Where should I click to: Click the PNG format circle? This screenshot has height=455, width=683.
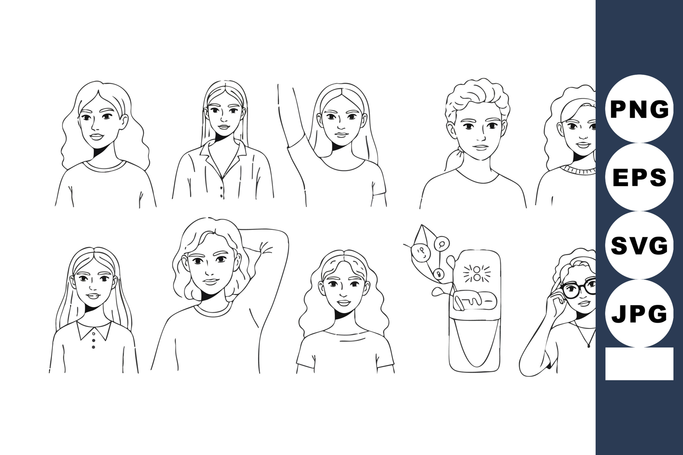[x=639, y=109]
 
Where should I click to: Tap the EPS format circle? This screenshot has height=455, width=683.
[x=639, y=177]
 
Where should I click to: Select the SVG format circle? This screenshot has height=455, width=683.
[x=639, y=245]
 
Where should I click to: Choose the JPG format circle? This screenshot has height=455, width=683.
[x=639, y=313]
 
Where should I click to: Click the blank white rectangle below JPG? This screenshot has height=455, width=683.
[x=639, y=364]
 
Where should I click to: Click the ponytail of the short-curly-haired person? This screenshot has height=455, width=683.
[x=453, y=158]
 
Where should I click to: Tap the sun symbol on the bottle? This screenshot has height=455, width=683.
[x=476, y=273]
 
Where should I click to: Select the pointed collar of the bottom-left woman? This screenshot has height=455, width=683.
[x=94, y=330]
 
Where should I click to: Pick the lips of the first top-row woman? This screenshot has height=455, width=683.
[x=97, y=136]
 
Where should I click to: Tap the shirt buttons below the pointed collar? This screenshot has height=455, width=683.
[x=93, y=340]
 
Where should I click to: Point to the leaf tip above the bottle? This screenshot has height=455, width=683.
[x=422, y=225]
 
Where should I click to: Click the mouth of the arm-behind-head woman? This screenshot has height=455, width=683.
[x=211, y=281]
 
